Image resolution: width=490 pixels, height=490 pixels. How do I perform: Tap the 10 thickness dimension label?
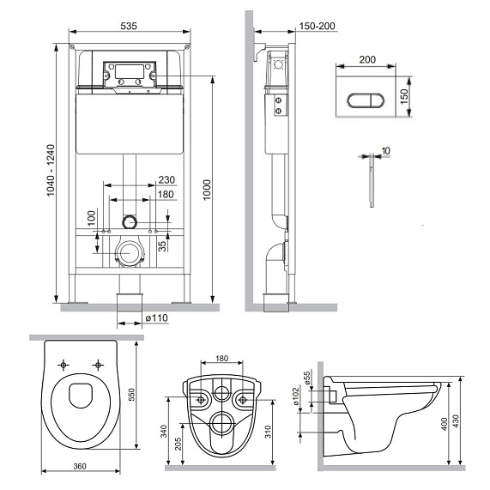pos(385,151)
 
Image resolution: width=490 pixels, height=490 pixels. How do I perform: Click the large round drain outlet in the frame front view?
pos(129,253)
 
